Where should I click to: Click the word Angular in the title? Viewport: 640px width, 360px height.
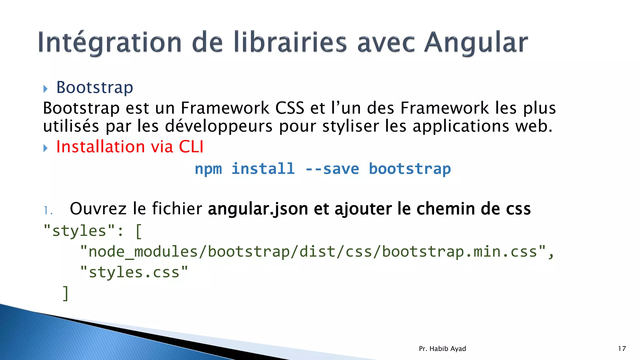click(x=476, y=43)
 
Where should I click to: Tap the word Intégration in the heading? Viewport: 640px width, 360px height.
click(x=110, y=43)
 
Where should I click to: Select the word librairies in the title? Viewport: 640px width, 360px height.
click(x=290, y=43)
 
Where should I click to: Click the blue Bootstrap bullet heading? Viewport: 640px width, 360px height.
click(x=95, y=87)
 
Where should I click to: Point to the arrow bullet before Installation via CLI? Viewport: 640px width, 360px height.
click(x=46, y=148)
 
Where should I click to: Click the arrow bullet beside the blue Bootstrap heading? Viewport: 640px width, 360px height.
click(x=46, y=89)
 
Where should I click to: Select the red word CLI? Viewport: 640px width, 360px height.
click(x=191, y=147)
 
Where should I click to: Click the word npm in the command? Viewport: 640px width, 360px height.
click(x=208, y=169)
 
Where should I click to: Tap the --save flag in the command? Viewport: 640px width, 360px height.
click(x=332, y=169)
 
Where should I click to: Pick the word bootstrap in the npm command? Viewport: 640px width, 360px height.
click(x=410, y=169)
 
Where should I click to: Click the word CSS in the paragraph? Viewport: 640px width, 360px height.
click(x=290, y=108)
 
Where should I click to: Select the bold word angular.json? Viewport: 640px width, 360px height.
click(x=258, y=209)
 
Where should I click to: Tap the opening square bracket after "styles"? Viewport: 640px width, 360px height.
click(x=139, y=232)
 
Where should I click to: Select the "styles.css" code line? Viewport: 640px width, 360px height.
click(x=134, y=272)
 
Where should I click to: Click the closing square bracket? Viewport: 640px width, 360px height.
click(x=66, y=293)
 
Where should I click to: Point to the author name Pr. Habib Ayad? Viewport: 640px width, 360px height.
click(x=442, y=349)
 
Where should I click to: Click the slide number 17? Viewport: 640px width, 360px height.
click(x=622, y=349)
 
